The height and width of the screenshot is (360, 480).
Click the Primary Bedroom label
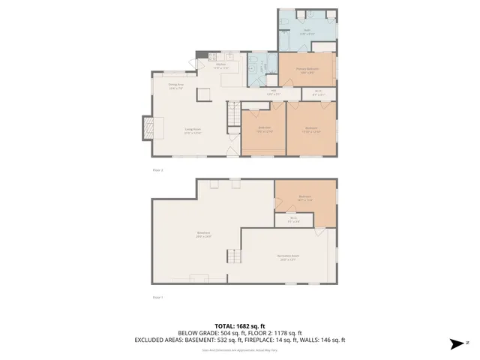click(x=306, y=70)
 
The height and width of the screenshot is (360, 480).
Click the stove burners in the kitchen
click(x=213, y=57)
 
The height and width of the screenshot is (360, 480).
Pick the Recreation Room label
click(x=289, y=256)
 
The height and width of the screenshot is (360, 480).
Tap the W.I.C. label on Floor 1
click(x=293, y=220)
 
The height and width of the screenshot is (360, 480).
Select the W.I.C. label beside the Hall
click(x=317, y=93)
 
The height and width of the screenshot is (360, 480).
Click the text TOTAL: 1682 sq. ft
click(x=239, y=325)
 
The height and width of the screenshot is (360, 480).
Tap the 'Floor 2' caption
click(x=157, y=170)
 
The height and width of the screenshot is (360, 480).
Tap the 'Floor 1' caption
click(x=157, y=297)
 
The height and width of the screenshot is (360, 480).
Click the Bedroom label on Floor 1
click(x=304, y=198)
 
